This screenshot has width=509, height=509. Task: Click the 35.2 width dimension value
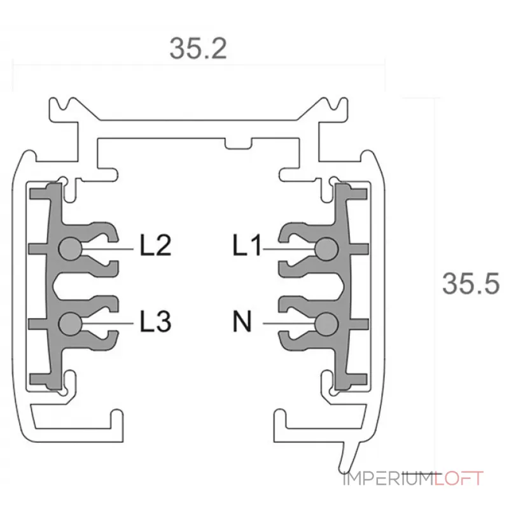198,49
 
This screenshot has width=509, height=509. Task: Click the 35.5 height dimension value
471,284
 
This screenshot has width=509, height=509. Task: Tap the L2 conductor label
155,245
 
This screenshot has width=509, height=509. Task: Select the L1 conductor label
247,245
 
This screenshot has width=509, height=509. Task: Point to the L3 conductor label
155,321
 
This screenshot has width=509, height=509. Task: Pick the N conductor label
242,321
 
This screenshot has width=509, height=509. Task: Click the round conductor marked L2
70,249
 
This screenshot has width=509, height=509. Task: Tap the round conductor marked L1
326,249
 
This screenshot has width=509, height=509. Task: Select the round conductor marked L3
70,324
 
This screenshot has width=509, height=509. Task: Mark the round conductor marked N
326,324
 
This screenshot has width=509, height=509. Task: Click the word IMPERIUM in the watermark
389,478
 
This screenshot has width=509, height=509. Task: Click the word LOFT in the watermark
459,478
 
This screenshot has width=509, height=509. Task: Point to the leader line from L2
108,249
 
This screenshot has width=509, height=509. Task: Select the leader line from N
289,324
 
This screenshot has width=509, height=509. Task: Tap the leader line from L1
289,249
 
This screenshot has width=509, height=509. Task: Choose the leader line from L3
108,324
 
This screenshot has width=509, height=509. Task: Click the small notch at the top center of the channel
239,144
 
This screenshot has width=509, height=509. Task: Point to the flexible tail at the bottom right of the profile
350,456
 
